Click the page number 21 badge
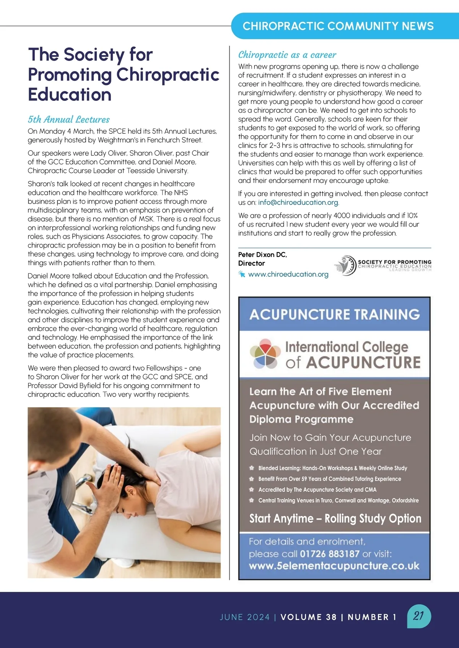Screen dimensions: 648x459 (x=419, y=616)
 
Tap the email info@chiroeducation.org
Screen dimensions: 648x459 (x=298, y=202)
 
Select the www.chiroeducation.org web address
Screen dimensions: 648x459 (x=288, y=274)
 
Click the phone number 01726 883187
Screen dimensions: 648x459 (x=329, y=554)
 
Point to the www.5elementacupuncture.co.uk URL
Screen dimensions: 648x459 (x=334, y=566)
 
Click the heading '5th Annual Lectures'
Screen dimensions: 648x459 (x=68, y=120)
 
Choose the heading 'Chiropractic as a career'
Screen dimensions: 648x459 (x=287, y=55)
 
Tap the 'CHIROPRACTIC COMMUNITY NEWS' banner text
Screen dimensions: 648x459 (x=338, y=26)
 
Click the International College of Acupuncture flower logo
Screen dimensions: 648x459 (x=265, y=353)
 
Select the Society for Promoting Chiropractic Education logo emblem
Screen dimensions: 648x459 (x=345, y=265)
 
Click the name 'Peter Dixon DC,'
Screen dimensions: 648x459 (x=262, y=255)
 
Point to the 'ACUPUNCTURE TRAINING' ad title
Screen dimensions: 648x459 (x=335, y=314)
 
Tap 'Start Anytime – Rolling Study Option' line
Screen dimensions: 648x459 (x=335, y=518)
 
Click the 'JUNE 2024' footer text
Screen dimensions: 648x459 (x=245, y=617)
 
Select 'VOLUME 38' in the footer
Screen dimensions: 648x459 (x=308, y=617)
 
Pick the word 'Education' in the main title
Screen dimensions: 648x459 (x=70, y=95)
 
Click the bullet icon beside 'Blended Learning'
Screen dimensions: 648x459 (x=252, y=468)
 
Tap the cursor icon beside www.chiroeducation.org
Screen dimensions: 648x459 (x=242, y=274)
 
